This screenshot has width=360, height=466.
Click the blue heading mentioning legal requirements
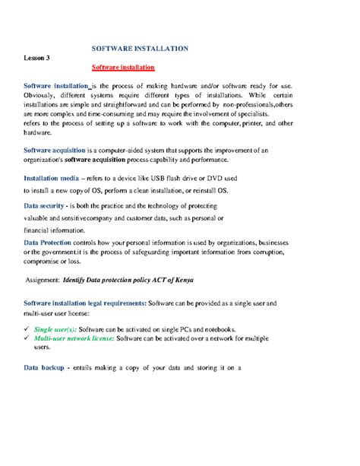(85, 303)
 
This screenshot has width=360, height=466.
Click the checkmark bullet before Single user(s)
(27, 328)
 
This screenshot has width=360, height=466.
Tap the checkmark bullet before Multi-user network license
(27, 338)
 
